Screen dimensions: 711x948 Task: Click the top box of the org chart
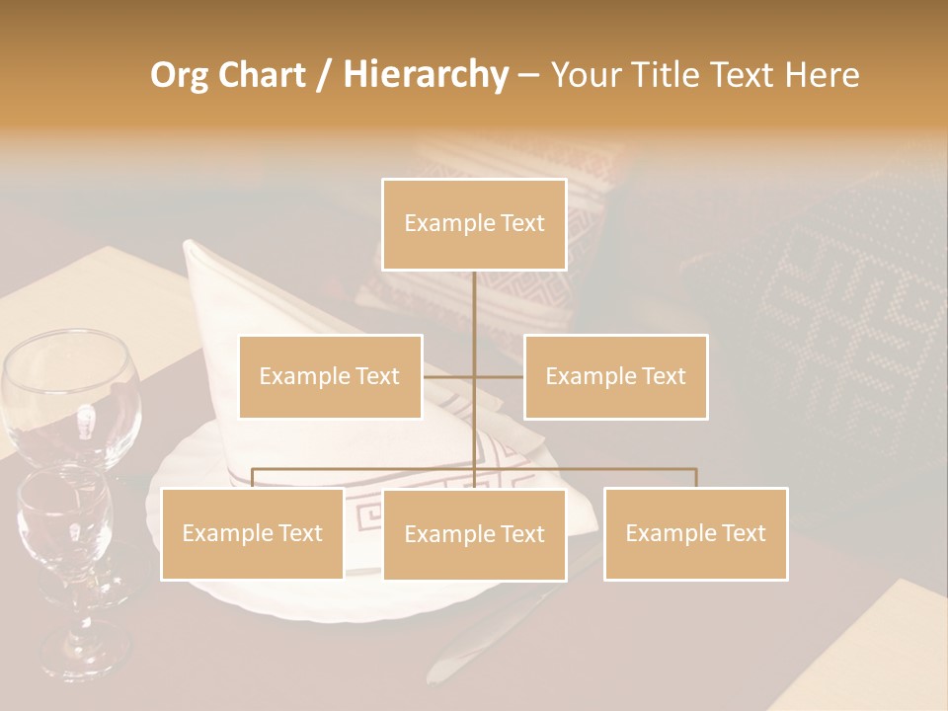coord(474,224)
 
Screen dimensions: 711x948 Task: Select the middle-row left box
coord(330,376)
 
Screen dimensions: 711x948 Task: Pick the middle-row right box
coord(615,376)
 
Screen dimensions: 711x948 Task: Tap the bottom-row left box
coord(252,533)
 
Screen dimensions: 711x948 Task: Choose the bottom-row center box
coord(474,534)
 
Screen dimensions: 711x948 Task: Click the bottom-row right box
coord(695,533)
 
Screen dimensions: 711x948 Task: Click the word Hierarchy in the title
coord(426,75)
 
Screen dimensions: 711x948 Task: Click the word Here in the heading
coord(822,75)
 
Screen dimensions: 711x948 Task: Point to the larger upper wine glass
coord(71,395)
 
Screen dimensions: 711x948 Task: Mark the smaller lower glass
coord(65,523)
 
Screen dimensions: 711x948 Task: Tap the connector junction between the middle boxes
coord(474,376)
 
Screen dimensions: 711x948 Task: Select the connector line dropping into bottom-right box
coord(695,478)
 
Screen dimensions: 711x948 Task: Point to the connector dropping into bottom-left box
coord(252,478)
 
